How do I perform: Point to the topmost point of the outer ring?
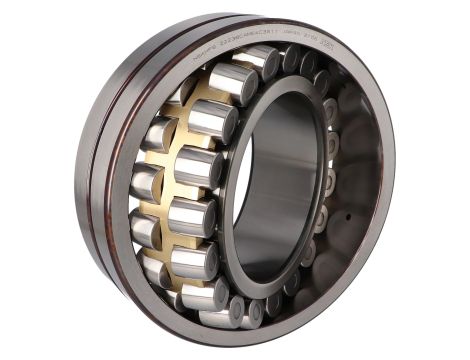coord(250,14)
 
